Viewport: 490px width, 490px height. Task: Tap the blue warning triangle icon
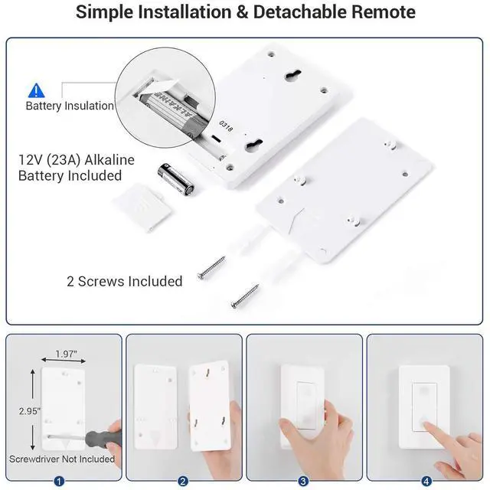pos(36,90)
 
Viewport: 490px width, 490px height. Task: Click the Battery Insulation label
pos(70,106)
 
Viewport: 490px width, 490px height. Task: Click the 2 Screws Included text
pos(124,281)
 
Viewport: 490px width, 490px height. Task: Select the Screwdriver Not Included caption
pos(61,459)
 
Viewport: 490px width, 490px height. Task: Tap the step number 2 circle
pos(183,481)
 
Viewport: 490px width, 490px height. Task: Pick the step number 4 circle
pos(426,481)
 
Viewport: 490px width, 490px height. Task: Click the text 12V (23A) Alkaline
pos(76,160)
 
